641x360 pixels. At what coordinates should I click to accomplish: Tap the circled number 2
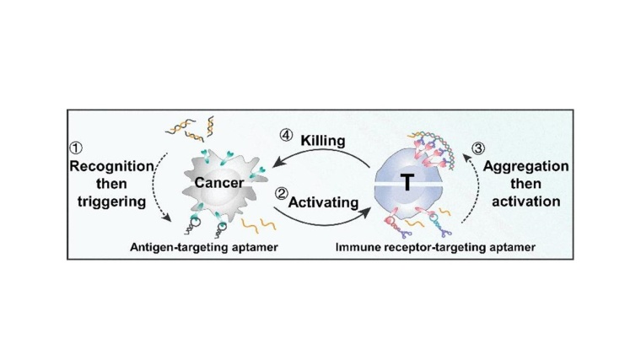pyautogui.click(x=282, y=192)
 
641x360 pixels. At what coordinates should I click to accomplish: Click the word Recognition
pyautogui.click(x=111, y=165)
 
